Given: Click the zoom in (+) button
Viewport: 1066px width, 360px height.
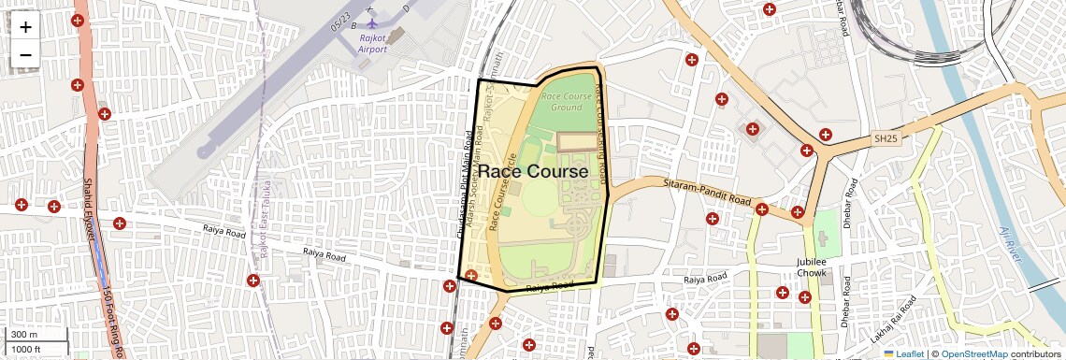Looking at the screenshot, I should click(25, 27).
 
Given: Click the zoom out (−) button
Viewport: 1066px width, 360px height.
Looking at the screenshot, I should click(25, 55).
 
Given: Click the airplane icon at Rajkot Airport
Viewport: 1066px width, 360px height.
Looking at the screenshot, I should click(372, 22).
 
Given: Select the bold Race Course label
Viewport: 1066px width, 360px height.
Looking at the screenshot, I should click(533, 172).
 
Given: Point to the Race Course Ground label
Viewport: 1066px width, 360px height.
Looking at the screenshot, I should click(567, 102).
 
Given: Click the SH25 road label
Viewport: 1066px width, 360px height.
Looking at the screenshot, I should click(886, 139).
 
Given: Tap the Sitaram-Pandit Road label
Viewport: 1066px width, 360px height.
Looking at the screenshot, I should click(707, 194).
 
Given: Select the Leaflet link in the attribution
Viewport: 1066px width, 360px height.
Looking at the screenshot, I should click(909, 353).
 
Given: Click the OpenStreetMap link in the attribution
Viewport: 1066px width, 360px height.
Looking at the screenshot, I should click(973, 353).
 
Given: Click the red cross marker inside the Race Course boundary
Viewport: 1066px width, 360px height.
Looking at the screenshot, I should click(471, 275).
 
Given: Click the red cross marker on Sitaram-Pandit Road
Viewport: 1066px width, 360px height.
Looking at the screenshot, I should click(762, 209).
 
